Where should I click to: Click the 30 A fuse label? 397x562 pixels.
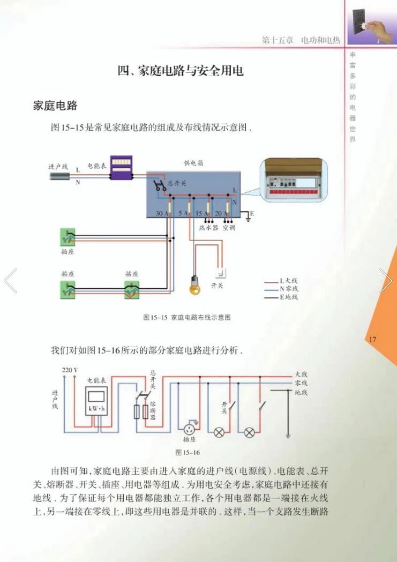159,213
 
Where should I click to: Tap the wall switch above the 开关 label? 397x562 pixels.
220,274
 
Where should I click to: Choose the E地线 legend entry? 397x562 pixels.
287,297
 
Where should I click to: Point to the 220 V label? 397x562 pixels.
70,370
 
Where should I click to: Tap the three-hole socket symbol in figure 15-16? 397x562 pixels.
189,429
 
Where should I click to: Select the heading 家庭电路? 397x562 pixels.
55,106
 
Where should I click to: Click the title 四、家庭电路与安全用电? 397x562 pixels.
181,71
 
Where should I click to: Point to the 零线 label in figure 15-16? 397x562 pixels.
301,383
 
